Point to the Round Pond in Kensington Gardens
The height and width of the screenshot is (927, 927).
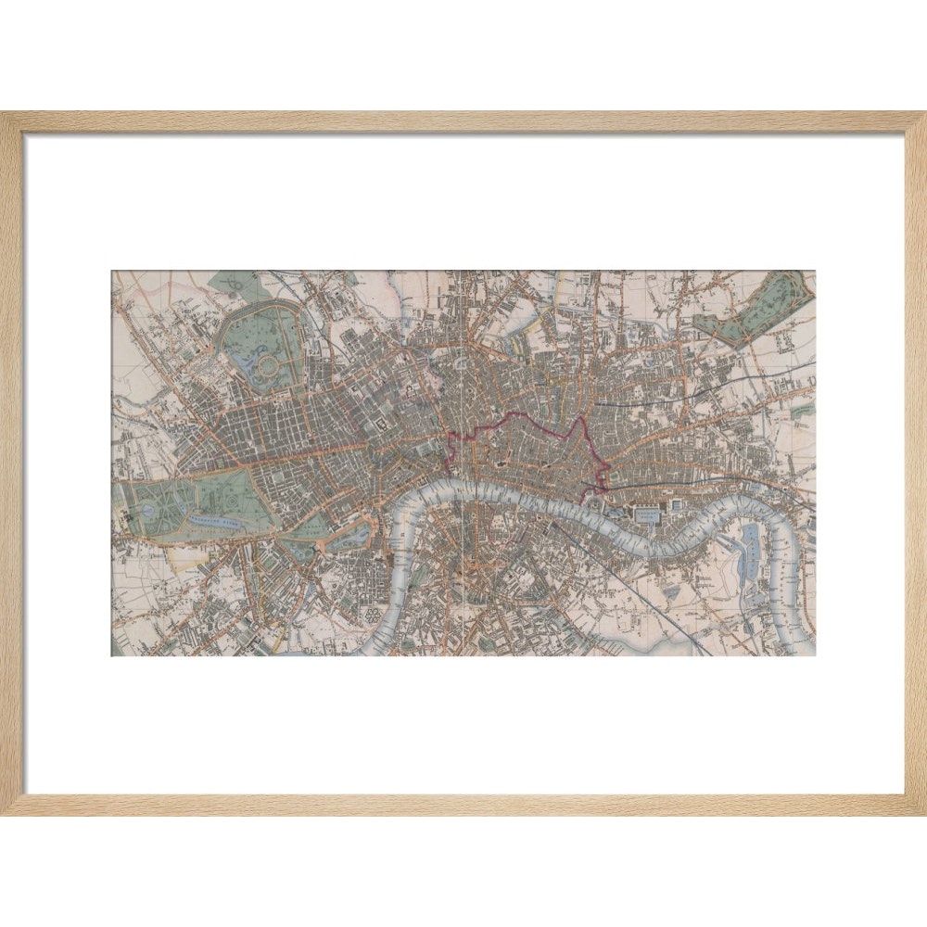click(149, 510)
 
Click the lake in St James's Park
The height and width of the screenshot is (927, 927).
click(355, 535)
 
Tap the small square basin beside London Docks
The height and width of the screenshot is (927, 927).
click(676, 503)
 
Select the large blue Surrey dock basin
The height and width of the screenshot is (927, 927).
click(751, 547)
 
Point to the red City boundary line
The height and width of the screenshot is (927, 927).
click(519, 421)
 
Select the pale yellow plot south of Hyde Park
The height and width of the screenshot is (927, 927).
click(185, 557)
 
